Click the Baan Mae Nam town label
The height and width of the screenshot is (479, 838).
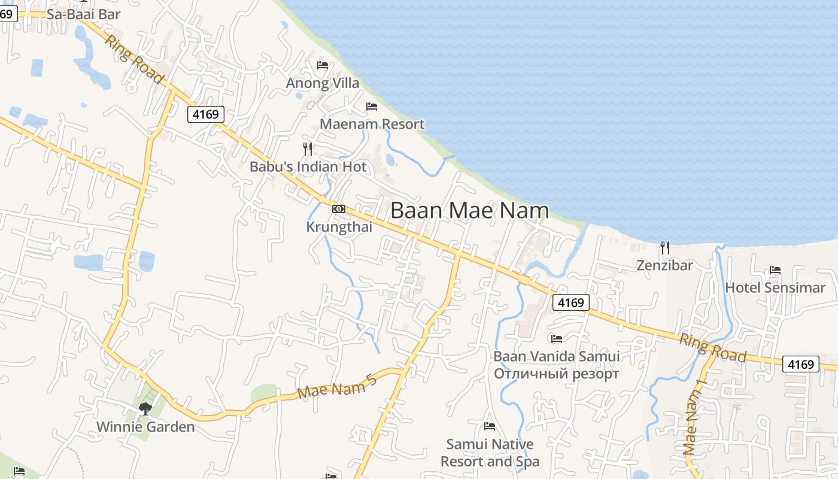click(470, 210)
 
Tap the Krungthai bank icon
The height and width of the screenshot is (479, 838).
click(339, 209)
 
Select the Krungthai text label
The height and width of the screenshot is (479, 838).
click(339, 227)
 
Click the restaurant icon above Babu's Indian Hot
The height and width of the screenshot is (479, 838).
click(308, 148)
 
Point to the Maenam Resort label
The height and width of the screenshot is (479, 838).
click(372, 124)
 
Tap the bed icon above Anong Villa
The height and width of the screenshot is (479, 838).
click(323, 65)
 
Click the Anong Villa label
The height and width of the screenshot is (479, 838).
click(323, 83)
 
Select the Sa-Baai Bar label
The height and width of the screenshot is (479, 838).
click(83, 14)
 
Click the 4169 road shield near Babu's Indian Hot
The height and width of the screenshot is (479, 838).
click(206, 114)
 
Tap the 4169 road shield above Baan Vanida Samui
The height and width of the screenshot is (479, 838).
click(570, 302)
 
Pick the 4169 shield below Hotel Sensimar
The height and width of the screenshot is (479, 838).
click(801, 364)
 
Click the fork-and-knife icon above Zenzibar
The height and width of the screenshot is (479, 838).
click(664, 247)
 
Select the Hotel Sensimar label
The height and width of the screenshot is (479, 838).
click(775, 287)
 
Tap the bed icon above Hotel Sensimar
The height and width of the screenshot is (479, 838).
click(775, 270)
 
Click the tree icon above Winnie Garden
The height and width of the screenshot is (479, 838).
click(145, 409)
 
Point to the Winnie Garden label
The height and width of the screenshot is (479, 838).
click(145, 427)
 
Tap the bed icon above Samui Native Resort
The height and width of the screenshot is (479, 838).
click(490, 426)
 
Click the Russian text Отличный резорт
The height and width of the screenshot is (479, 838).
click(556, 374)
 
